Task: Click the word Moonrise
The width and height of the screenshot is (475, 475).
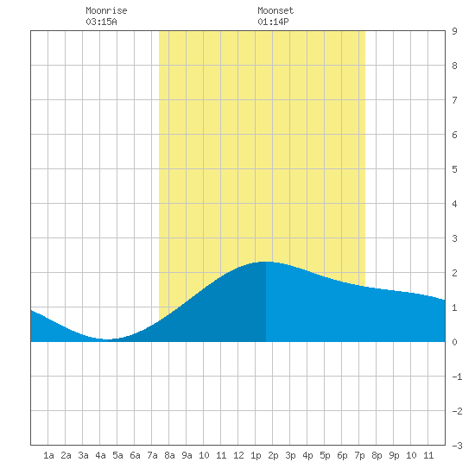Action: (106, 10)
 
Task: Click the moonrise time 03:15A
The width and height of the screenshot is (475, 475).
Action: (101, 22)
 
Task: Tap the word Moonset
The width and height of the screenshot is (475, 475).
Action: (275, 10)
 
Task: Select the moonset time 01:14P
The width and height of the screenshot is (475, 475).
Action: (273, 22)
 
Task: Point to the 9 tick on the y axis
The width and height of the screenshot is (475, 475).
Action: (454, 31)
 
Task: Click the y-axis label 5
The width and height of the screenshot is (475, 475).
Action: (454, 169)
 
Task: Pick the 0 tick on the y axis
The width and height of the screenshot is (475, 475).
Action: (454, 342)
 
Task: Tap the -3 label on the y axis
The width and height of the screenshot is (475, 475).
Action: (457, 446)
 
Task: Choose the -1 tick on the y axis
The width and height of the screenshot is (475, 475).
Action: (457, 377)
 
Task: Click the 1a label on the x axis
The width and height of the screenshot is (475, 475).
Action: (48, 455)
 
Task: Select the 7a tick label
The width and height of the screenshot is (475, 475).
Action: (152, 455)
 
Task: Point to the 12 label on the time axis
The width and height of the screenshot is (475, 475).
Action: (238, 455)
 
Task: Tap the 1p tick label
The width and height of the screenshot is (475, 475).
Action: (256, 455)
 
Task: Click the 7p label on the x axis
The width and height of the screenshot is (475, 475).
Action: (359, 455)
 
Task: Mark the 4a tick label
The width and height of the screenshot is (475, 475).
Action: (100, 455)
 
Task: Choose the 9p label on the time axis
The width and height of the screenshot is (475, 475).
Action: (394, 455)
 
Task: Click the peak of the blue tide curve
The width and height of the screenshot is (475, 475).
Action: (266, 262)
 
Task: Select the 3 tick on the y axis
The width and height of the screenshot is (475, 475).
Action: (454, 238)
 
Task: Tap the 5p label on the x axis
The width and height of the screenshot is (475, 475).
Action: (325, 455)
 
